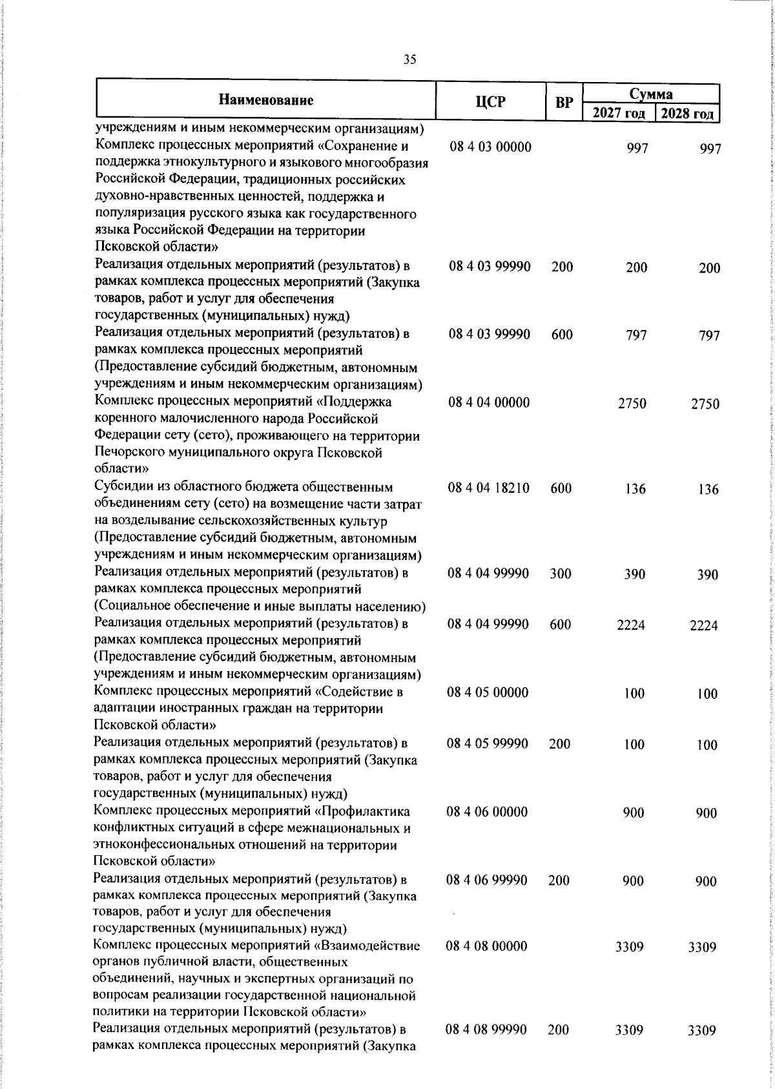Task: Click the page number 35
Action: click(409, 60)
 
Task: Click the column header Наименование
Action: click(266, 100)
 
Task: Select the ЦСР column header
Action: click(490, 101)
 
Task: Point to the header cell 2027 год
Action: click(619, 114)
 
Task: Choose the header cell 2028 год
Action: click(687, 114)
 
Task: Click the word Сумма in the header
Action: click(652, 94)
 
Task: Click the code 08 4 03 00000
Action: click(490, 147)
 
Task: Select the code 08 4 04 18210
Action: click(488, 488)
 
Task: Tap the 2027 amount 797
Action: click(636, 335)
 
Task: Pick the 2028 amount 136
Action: click(708, 490)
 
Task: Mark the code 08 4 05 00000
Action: click(488, 692)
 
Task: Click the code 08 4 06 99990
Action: click(487, 880)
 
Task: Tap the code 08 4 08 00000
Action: click(486, 946)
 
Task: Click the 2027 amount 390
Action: click(635, 574)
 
